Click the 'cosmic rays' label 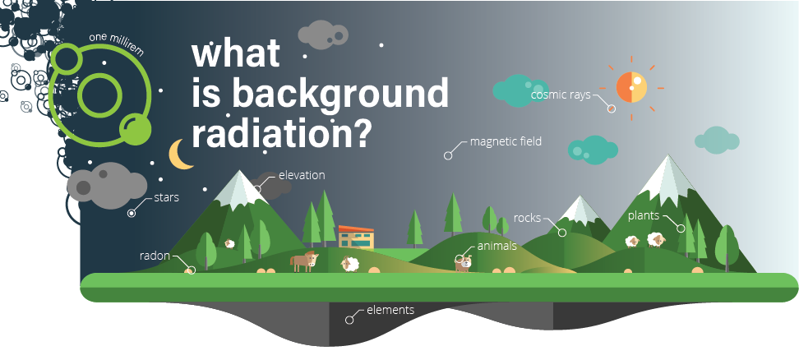(x=561, y=95)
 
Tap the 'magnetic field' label (x=506, y=141)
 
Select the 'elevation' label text (x=302, y=175)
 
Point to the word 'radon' (x=155, y=256)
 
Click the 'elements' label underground (x=390, y=310)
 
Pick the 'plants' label (x=644, y=216)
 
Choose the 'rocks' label (x=527, y=218)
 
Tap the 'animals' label (x=496, y=247)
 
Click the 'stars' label (x=166, y=197)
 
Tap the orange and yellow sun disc (x=631, y=88)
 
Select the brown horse (x=304, y=261)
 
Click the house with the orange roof (x=356, y=238)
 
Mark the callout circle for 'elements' (x=349, y=320)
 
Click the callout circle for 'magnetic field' (x=448, y=155)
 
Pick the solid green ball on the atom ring (x=136, y=129)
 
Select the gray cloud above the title (x=322, y=35)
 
